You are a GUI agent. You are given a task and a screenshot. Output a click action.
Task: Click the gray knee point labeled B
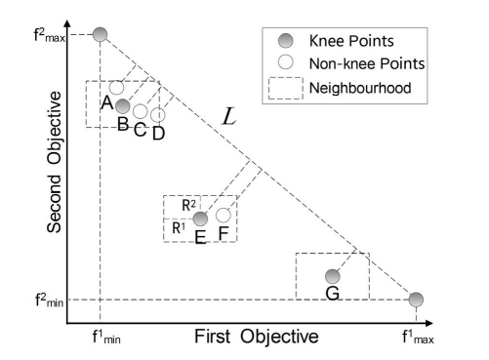click(x=122, y=105)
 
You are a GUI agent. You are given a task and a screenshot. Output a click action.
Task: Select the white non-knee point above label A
click(x=116, y=88)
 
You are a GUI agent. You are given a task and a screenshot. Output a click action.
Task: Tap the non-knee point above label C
click(x=141, y=110)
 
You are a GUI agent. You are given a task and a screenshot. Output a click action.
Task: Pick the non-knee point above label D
click(x=158, y=115)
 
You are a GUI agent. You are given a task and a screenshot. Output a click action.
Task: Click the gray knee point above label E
click(x=200, y=219)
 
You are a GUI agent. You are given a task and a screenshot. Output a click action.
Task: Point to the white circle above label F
click(x=224, y=215)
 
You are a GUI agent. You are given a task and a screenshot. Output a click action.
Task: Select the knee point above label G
click(x=333, y=276)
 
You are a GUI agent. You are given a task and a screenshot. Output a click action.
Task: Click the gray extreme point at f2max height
click(x=100, y=35)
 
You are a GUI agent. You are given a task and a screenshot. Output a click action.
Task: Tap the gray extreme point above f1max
click(x=416, y=300)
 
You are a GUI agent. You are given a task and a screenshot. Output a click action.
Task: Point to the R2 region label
click(x=189, y=204)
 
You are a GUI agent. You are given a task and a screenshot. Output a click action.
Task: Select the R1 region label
click(x=179, y=227)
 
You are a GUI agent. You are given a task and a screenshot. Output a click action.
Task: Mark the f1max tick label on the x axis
click(x=419, y=339)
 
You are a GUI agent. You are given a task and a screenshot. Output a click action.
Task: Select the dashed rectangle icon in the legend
click(x=283, y=89)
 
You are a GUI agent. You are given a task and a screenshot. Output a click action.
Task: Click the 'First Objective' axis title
click(x=255, y=338)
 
